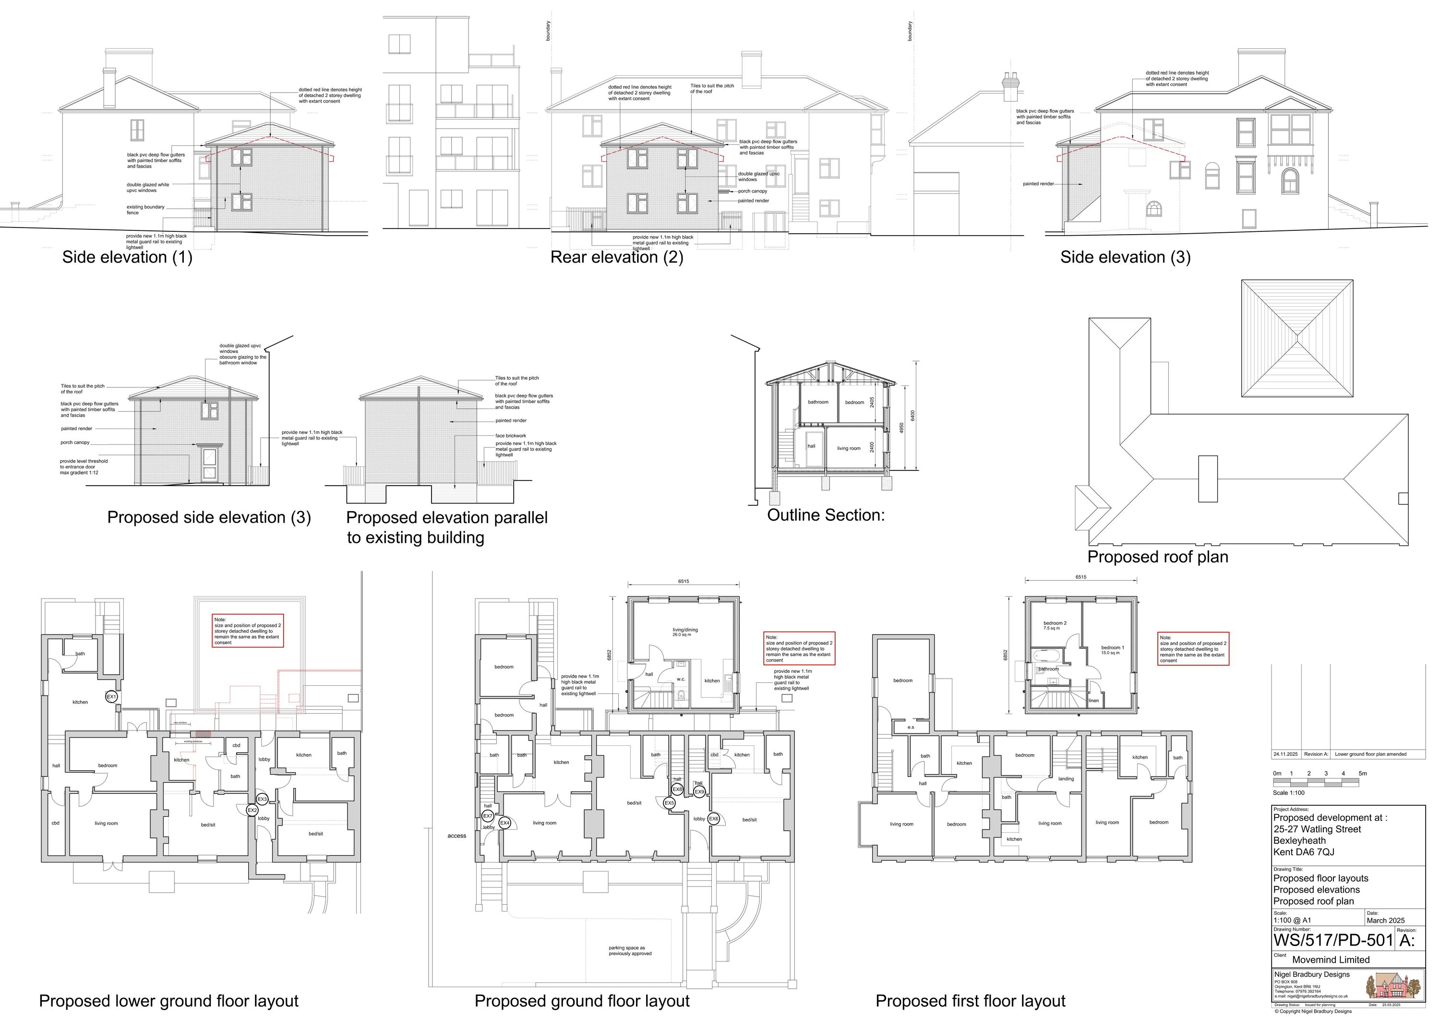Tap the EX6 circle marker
(x=714, y=819)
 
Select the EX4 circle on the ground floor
(x=505, y=823)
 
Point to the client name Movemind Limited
(x=1331, y=959)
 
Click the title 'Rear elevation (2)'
(x=616, y=257)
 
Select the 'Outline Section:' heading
(x=826, y=515)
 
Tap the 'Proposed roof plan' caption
(x=1158, y=557)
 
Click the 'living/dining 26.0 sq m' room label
(x=685, y=632)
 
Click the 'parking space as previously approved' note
(x=630, y=951)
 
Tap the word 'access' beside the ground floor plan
(x=456, y=836)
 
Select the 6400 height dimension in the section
(x=913, y=415)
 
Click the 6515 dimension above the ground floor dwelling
(x=684, y=581)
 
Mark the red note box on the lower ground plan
(x=248, y=631)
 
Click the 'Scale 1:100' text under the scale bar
(x=1288, y=792)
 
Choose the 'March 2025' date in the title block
(x=1385, y=921)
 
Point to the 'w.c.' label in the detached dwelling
(x=681, y=679)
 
